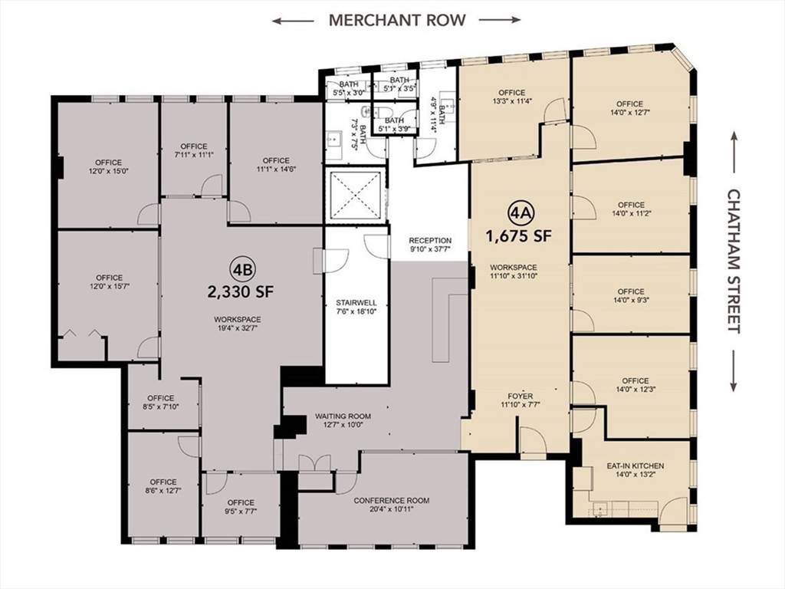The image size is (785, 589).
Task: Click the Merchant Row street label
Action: (x=397, y=20)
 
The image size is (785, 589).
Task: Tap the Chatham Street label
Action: (x=734, y=261)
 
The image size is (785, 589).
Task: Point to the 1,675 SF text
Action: (x=519, y=235)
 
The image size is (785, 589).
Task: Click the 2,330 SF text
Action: (x=241, y=291)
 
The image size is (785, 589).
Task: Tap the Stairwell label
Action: (x=356, y=302)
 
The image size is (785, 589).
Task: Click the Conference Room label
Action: (x=392, y=500)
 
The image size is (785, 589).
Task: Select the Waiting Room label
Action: (x=343, y=416)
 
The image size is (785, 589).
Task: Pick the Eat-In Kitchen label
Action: (x=636, y=466)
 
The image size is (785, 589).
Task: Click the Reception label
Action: (x=430, y=240)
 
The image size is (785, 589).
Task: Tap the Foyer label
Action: (x=520, y=397)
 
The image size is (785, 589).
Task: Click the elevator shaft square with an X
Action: (x=356, y=195)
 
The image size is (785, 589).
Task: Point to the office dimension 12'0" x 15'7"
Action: (x=109, y=287)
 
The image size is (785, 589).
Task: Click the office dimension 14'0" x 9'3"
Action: (x=631, y=300)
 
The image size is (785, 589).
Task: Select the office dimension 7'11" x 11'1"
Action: (x=194, y=155)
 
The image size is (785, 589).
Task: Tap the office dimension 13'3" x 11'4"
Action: (x=511, y=100)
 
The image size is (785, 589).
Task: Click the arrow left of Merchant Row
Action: (x=294, y=21)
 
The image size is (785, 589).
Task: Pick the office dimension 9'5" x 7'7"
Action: (x=241, y=511)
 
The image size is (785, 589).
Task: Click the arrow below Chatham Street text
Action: (x=734, y=370)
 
